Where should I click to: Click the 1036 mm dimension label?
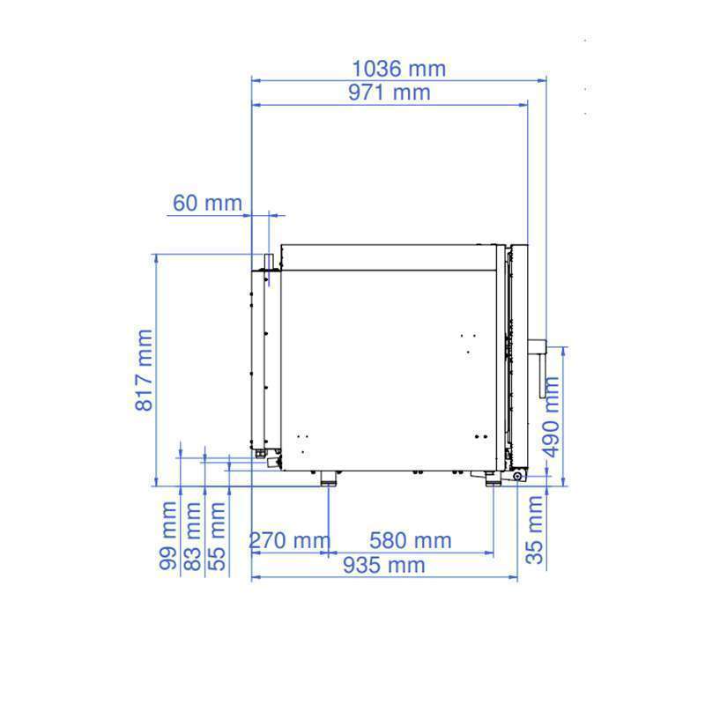399,69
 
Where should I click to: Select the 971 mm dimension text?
390,93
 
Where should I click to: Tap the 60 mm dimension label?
207,203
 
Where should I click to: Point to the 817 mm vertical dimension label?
145,370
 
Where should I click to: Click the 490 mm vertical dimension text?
550,417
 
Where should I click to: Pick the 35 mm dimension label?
535,531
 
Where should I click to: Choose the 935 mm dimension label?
384,565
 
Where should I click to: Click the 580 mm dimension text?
410,540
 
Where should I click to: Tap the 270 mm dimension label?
290,540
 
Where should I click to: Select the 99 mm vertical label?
168,536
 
